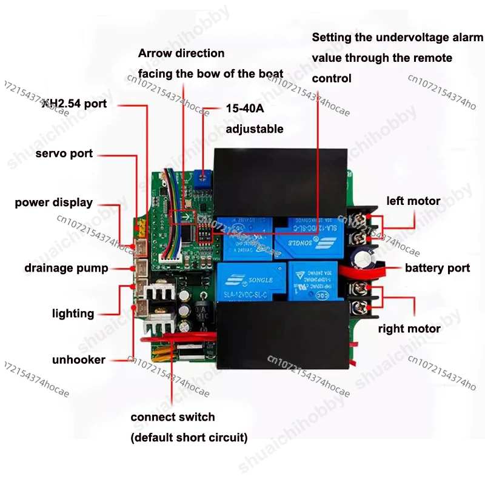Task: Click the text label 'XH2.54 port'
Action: pos(74,104)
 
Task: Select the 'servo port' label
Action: pos(64,153)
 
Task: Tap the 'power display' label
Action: pos(54,202)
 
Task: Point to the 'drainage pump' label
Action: pos(66,268)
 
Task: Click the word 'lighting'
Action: pos(73,313)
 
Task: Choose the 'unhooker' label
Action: pos(78,360)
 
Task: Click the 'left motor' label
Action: pos(413,201)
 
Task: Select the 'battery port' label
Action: pos(437,268)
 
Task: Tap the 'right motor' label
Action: pos(409,329)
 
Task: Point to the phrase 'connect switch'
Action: pos(173,417)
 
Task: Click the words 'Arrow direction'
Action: pos(181,53)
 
